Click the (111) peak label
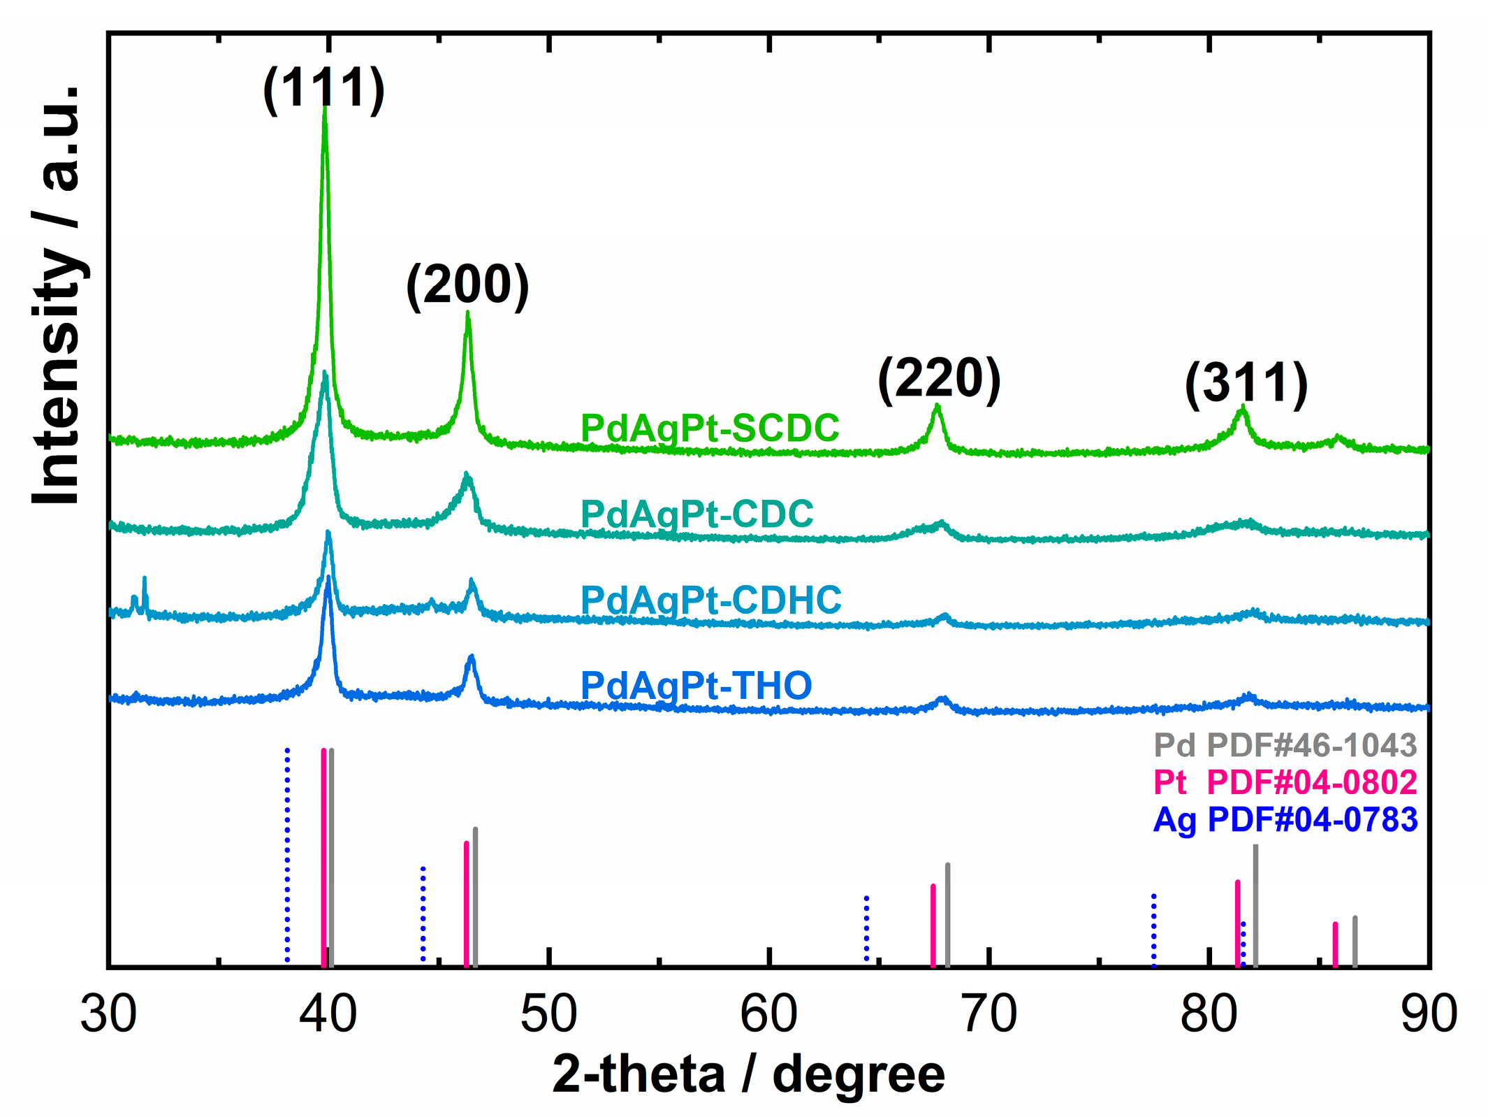323,89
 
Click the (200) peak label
467,285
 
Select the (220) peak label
939,379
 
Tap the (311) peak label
1246,384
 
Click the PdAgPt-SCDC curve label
710,428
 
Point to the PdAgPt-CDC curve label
697,514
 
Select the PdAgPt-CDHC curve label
711,600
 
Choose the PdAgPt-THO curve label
696,686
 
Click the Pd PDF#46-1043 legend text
1285,746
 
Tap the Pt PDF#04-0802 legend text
1285,782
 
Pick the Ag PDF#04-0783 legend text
1285,819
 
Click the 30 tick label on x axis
108,1014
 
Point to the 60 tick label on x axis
768,1014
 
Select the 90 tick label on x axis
1429,1014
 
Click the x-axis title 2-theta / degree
748,1074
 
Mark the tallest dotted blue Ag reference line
287,856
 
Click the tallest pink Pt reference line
323,856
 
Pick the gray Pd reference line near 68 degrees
947,914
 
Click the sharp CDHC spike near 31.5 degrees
145,594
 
